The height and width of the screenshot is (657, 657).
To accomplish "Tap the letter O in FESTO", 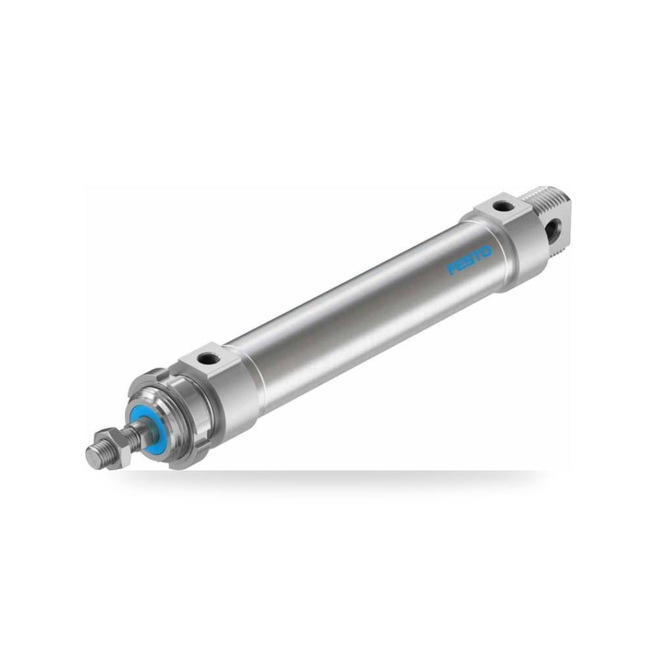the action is pos(486,252).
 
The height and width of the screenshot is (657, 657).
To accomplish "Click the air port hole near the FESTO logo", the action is pos(499,206).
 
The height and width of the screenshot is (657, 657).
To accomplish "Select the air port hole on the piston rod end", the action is pos(206,358).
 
